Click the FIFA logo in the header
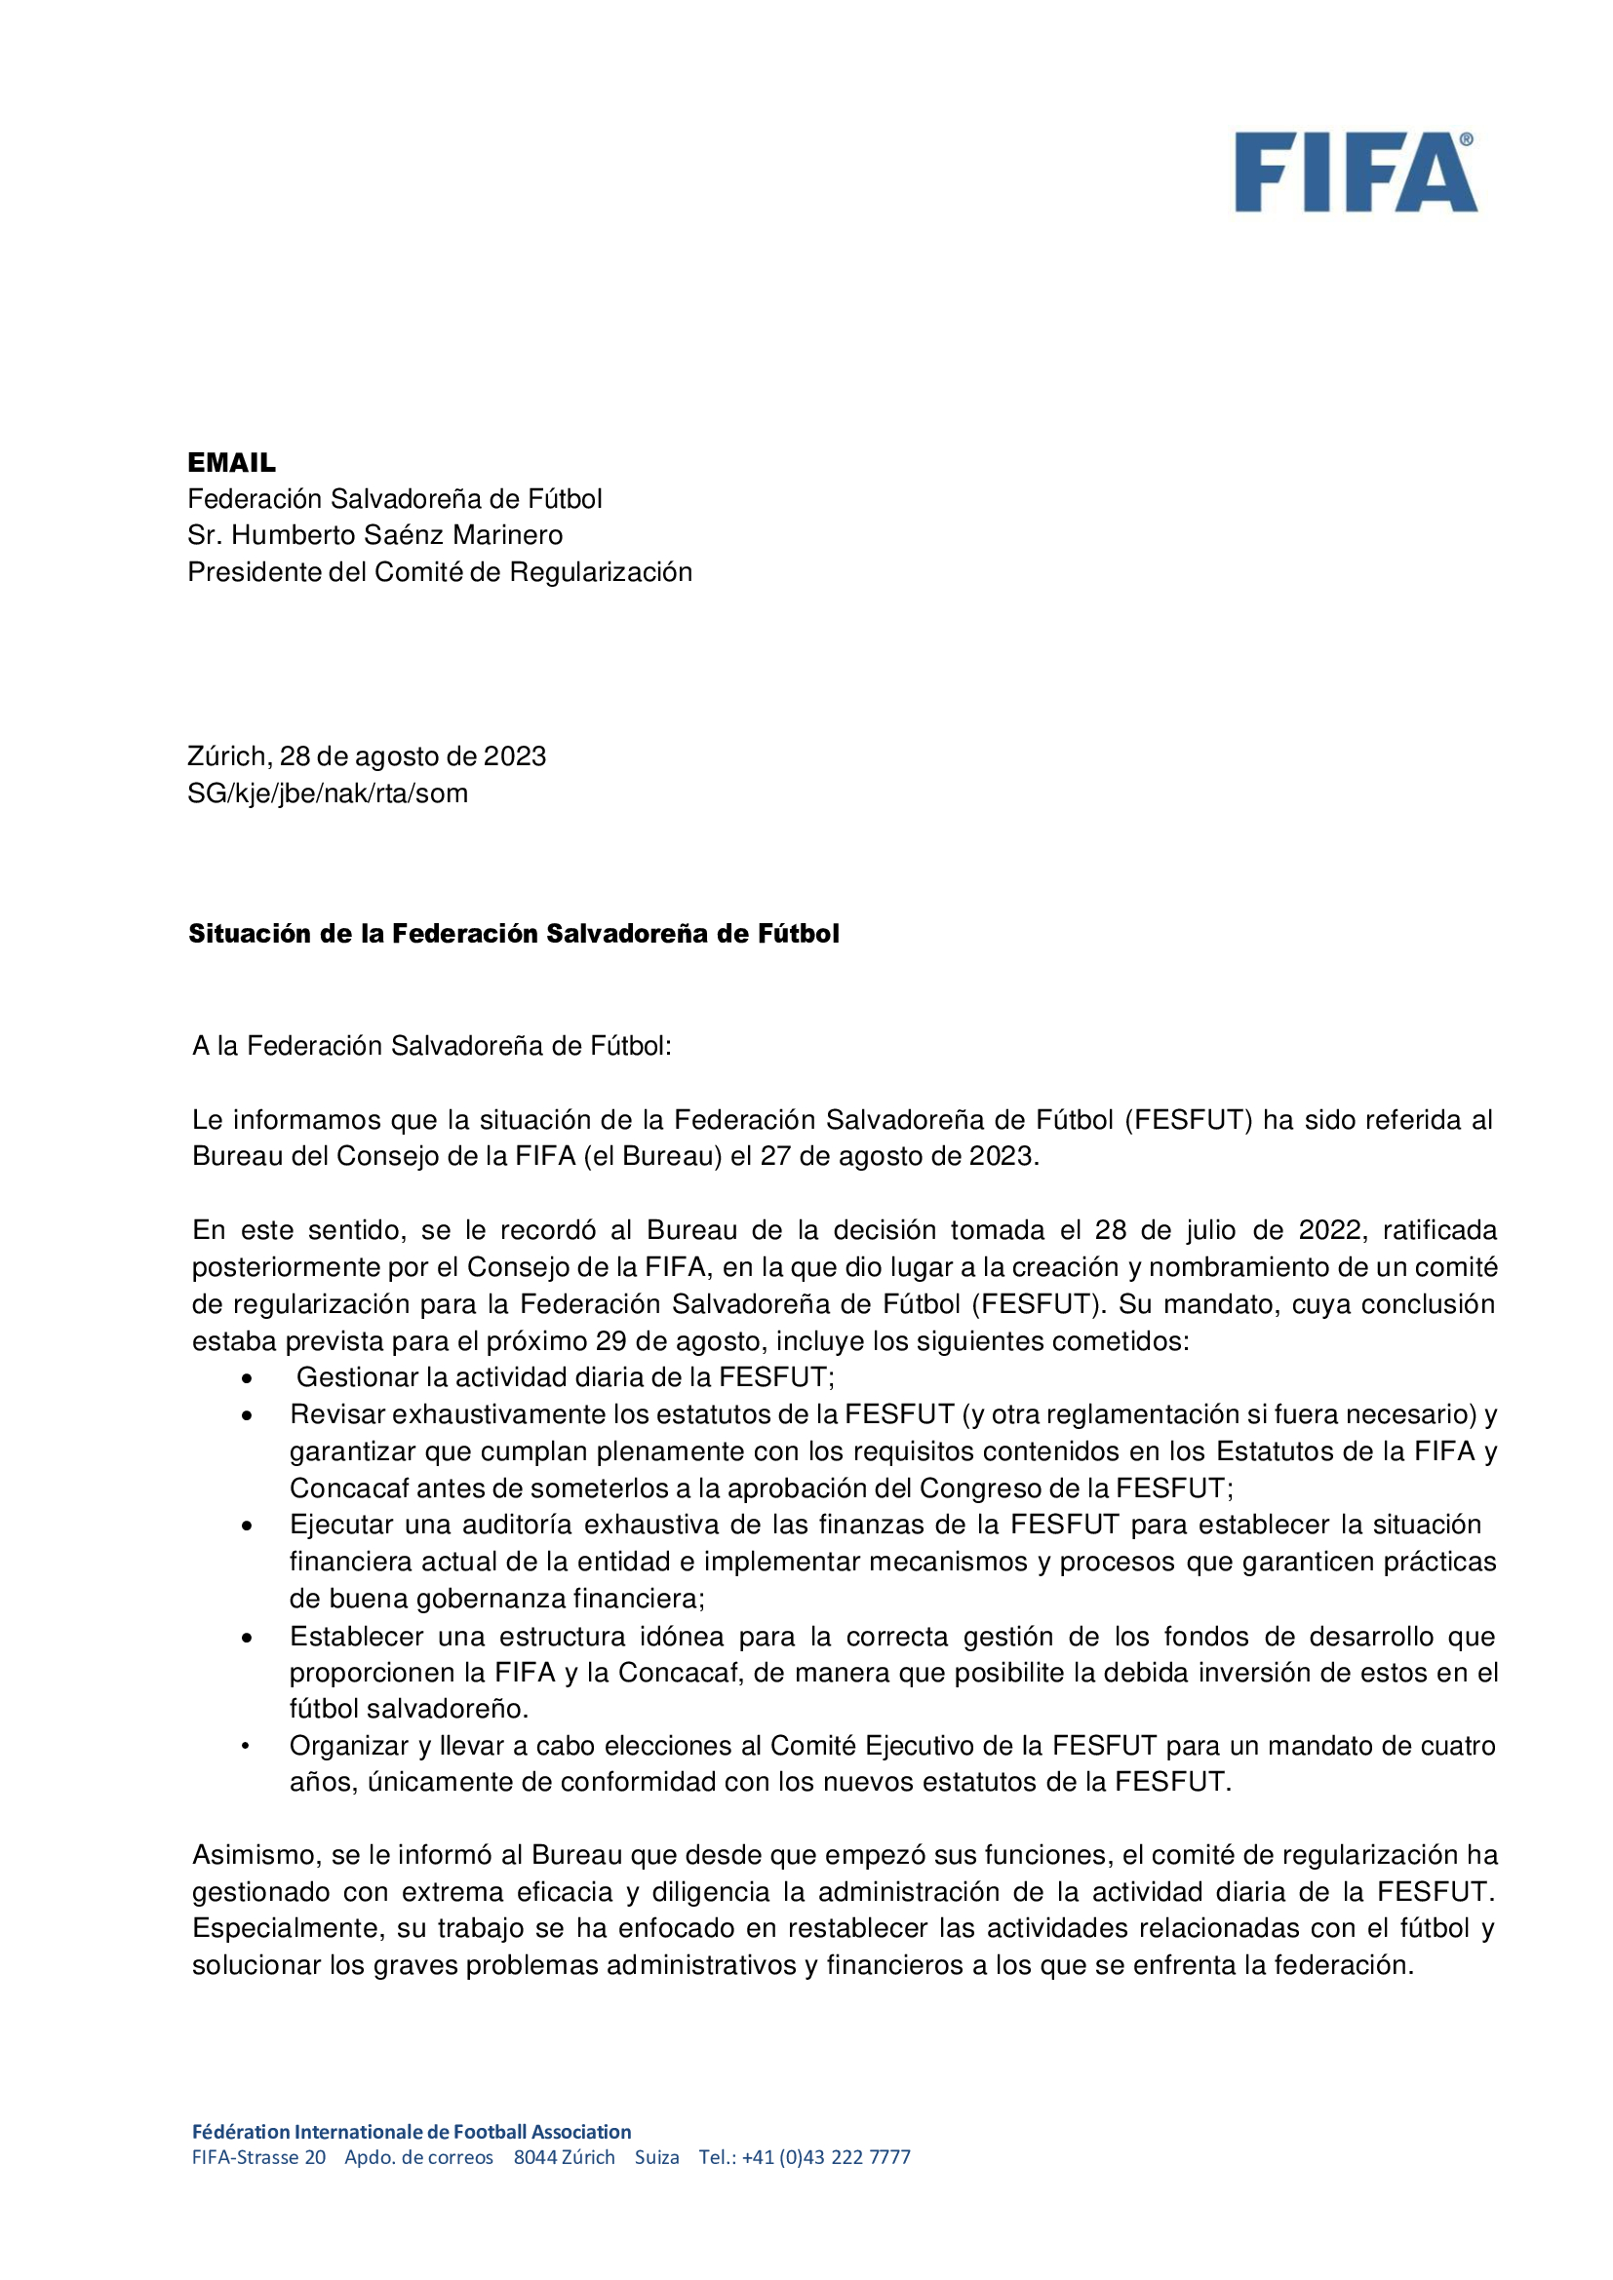pos(1355,173)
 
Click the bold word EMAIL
pos(231,463)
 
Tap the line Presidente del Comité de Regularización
pos(439,572)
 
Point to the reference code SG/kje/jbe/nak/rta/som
pos(327,793)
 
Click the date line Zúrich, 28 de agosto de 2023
pos(367,756)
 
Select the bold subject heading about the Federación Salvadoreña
pos(514,934)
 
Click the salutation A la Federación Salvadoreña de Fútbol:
pos(431,1046)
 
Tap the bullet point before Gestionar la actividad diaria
pos(247,1379)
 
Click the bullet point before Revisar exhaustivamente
pos(247,1416)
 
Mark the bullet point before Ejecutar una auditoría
pos(247,1526)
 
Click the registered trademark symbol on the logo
pos(1466,140)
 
